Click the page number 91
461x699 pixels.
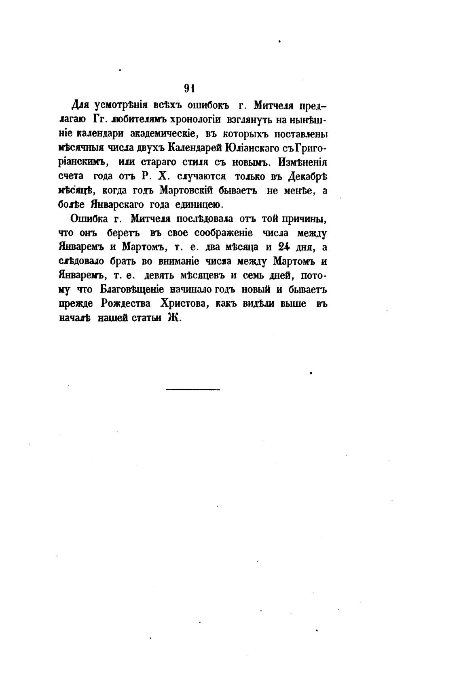(190, 88)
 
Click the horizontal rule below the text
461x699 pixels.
(192, 390)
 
